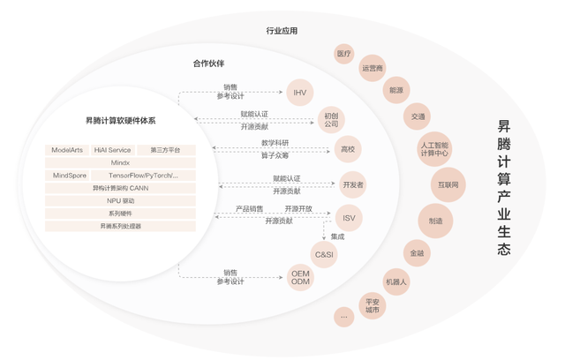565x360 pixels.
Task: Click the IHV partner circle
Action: [300, 93]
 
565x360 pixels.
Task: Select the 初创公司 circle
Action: [331, 120]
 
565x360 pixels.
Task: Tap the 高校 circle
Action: [348, 149]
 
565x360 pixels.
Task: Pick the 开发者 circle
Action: [353, 184]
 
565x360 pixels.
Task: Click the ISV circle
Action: [349, 218]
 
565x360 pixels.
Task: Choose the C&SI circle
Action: [324, 254]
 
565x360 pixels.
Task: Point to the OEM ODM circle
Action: [300, 278]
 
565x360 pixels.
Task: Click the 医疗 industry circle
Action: [343, 54]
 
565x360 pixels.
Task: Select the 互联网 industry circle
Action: [448, 184]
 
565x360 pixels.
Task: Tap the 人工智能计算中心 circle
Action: [434, 149]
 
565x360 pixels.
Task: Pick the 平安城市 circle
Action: [373, 305]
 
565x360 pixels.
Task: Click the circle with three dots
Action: [343, 317]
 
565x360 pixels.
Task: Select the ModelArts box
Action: [67, 150]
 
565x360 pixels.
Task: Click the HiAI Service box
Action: [113, 150]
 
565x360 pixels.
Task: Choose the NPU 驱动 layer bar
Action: [120, 201]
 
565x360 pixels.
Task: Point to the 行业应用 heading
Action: [282, 31]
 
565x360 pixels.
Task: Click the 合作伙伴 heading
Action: [208, 64]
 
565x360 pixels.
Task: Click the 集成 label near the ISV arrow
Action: [337, 236]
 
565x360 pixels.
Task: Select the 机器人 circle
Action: [396, 281]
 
